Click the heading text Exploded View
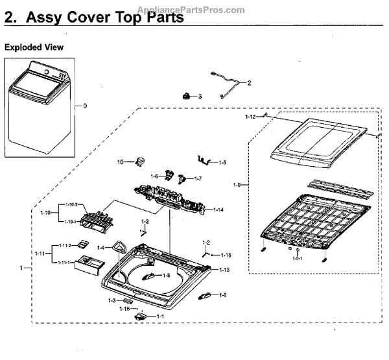click(x=34, y=47)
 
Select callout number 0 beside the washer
click(x=84, y=106)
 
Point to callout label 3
click(x=200, y=96)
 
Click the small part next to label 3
click(x=187, y=96)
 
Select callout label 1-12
click(x=250, y=117)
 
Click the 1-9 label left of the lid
click(x=237, y=185)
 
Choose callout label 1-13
click(x=224, y=269)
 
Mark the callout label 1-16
click(x=226, y=255)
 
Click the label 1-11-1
click(x=62, y=262)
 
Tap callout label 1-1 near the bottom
click(x=159, y=315)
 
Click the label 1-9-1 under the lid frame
click(x=297, y=259)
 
